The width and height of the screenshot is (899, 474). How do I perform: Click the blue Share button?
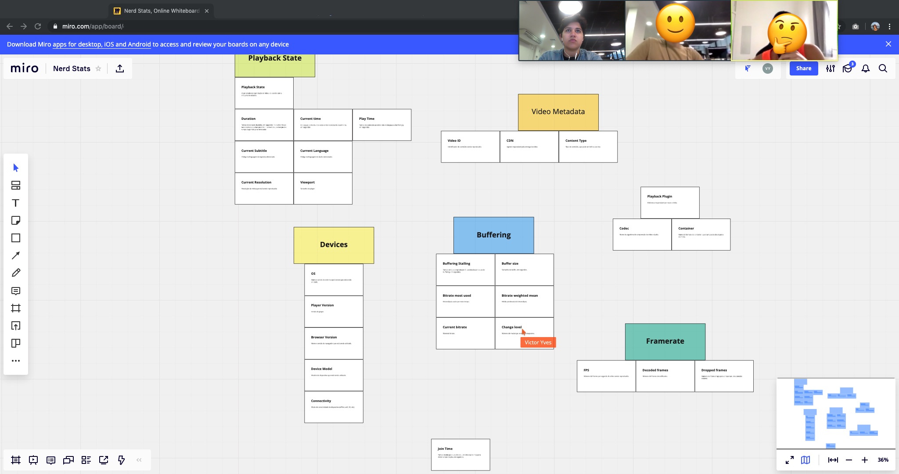(x=803, y=68)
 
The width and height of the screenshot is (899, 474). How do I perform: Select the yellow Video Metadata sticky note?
(x=558, y=112)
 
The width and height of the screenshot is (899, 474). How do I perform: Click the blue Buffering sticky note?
(x=493, y=235)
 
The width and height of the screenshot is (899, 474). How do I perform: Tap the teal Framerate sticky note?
(x=665, y=341)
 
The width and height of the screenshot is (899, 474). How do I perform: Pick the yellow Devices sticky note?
(x=334, y=245)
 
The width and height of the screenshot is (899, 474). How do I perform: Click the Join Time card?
(x=460, y=455)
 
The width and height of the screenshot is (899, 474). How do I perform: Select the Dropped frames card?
(x=724, y=376)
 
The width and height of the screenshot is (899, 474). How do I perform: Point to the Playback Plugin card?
(x=670, y=202)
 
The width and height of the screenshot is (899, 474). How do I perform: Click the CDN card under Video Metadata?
(x=529, y=147)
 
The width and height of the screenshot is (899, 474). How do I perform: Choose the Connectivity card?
(x=334, y=407)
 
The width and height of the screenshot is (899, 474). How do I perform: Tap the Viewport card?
(x=323, y=188)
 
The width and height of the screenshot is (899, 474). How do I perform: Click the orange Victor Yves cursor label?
(x=538, y=342)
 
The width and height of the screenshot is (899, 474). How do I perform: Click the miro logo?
(x=25, y=68)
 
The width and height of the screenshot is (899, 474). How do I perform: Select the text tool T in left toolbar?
(x=16, y=203)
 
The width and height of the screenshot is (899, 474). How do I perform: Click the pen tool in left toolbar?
(x=16, y=273)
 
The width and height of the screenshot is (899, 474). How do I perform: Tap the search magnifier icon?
(x=883, y=68)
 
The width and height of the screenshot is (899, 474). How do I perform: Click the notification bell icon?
(x=866, y=68)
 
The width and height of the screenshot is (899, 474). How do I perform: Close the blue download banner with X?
(x=888, y=44)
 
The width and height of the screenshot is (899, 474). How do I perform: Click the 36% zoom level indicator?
(x=883, y=460)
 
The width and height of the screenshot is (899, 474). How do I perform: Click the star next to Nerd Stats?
(x=98, y=68)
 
